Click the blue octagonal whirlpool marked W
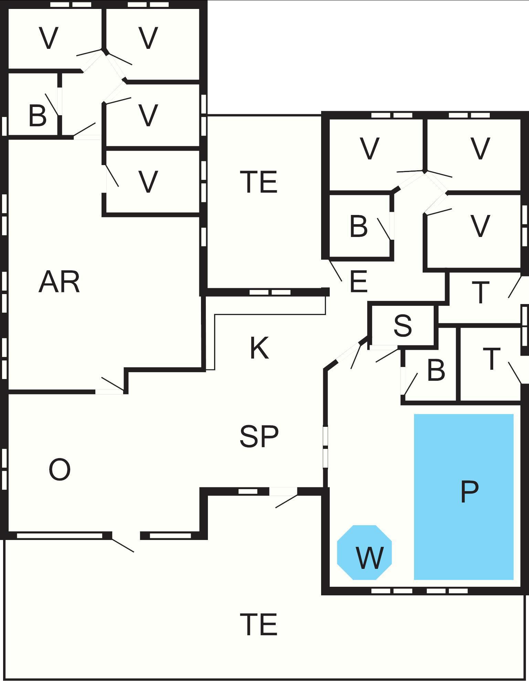point(364,552)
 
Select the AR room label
point(59,282)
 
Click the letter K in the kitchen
point(259,348)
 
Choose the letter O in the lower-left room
point(60,470)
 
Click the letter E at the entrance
point(358,282)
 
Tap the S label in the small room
point(402,325)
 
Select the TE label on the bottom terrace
point(259,624)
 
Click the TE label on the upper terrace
point(259,182)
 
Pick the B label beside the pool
point(436,370)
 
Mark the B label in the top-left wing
point(37,116)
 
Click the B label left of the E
point(358,226)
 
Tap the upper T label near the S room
point(480,293)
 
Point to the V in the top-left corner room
point(49,38)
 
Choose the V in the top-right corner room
point(480,149)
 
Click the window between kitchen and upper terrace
point(270,292)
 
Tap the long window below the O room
point(60,536)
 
